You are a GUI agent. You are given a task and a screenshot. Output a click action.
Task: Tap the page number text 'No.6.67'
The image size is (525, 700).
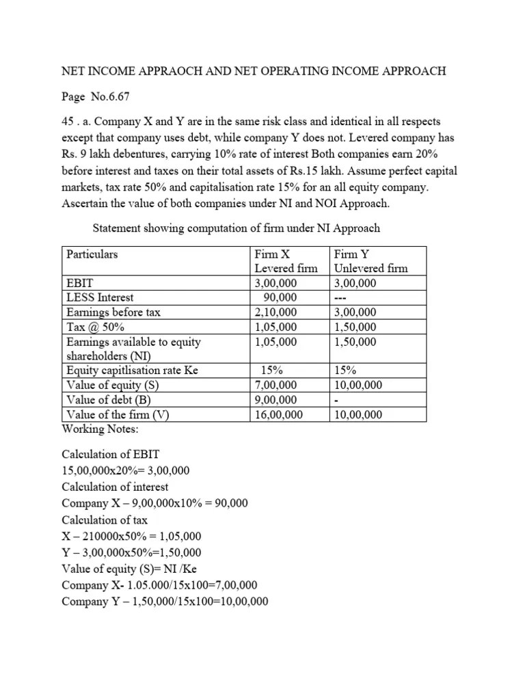(112, 96)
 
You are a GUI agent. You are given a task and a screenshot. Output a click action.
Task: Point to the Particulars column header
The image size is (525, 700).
(92, 254)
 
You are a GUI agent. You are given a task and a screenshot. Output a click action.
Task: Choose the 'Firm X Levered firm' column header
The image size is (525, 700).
(286, 261)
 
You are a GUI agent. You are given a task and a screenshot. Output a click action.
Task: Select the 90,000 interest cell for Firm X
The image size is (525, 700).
(281, 297)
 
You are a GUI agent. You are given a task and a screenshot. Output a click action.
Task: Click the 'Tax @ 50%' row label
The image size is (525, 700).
(94, 327)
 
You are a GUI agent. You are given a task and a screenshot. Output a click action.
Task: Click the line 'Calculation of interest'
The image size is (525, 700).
(115, 487)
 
